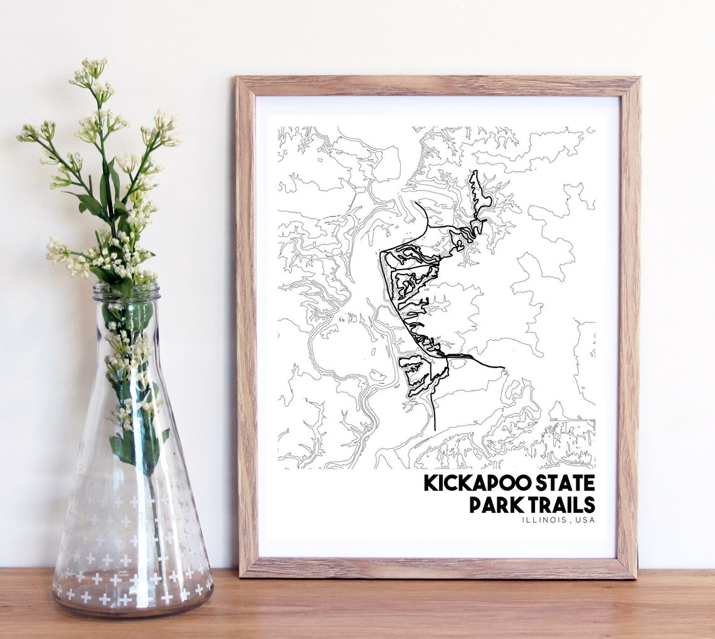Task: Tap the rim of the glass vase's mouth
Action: coord(127,290)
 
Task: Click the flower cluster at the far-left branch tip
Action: coord(28,132)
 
